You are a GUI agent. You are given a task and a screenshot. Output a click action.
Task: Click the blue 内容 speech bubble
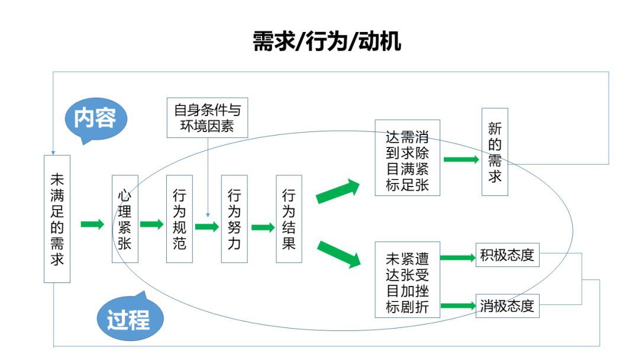coord(95,119)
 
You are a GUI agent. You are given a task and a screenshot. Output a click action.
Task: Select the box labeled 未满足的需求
coord(57,218)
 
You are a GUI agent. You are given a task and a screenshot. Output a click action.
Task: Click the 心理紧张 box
coord(125,218)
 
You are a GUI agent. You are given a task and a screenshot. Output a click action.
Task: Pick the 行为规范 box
coord(179,218)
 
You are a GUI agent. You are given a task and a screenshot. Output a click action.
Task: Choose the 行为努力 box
coord(234,218)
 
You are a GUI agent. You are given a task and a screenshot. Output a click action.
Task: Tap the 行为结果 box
coord(289,218)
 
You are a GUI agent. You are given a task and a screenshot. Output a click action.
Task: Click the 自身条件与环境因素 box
coord(207,118)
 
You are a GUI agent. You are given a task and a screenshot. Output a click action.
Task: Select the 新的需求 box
coord(495,152)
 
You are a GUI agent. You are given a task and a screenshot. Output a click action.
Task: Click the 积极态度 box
coord(507,256)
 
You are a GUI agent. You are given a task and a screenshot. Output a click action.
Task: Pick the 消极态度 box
coord(507,306)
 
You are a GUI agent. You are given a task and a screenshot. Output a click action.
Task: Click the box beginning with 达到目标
coord(409,157)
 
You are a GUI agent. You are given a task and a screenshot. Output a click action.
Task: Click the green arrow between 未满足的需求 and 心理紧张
coord(92,224)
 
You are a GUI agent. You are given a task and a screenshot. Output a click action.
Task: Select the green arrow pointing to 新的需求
coord(461,159)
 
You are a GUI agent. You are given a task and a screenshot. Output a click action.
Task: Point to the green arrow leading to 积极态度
coord(459,257)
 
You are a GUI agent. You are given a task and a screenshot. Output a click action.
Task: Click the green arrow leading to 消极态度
coord(459,306)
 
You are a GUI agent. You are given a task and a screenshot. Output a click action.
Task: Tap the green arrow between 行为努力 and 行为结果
coord(263,227)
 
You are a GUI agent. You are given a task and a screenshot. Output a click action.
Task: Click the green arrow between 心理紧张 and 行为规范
coord(152,224)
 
